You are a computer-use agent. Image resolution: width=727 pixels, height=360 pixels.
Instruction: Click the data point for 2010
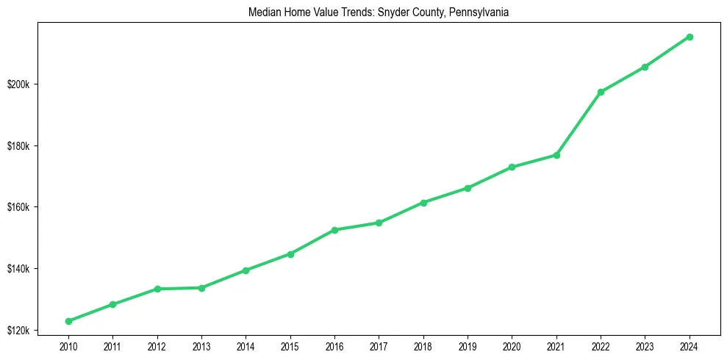(x=68, y=321)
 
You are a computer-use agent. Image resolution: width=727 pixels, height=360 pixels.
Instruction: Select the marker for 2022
(x=601, y=92)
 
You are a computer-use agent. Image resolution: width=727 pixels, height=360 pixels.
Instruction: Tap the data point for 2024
(x=690, y=37)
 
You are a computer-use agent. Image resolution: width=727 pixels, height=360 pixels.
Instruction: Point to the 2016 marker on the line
(x=334, y=230)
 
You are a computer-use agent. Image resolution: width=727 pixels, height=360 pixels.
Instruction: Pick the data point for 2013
(x=201, y=288)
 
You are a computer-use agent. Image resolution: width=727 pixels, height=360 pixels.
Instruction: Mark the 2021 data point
(x=556, y=155)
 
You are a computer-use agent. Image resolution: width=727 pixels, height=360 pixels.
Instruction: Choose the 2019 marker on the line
(x=468, y=188)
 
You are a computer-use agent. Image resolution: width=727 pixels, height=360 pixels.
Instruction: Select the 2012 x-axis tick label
(x=157, y=345)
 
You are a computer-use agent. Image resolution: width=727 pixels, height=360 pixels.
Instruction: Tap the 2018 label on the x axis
(x=423, y=345)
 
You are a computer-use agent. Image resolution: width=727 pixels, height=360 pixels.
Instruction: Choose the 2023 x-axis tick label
(x=645, y=345)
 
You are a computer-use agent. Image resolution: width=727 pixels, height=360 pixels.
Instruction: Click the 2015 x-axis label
(x=290, y=345)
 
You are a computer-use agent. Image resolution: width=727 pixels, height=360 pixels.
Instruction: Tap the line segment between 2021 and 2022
(x=579, y=123)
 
